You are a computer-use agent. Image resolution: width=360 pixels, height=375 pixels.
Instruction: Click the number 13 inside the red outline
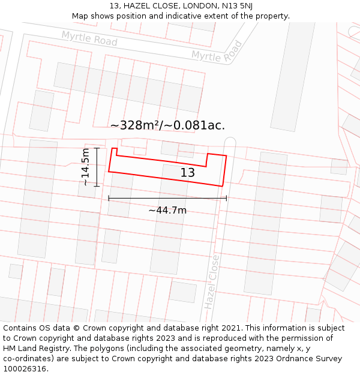188,173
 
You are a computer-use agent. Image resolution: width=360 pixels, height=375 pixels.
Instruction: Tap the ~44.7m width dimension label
167,210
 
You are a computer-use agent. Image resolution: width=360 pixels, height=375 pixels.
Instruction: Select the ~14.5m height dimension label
85,167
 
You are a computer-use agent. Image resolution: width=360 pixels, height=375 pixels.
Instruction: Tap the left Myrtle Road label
89,39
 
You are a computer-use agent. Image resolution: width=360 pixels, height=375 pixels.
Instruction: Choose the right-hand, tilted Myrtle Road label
217,52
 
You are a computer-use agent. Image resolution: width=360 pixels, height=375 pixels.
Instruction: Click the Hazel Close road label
211,281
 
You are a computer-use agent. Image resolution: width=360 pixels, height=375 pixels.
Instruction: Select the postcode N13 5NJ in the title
236,6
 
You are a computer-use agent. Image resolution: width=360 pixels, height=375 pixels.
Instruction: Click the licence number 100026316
26,368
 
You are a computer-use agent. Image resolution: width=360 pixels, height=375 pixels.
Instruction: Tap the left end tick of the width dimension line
109,198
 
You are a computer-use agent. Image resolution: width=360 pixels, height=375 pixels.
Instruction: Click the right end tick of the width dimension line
226,198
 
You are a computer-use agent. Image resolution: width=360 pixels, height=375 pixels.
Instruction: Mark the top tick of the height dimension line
97,148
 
